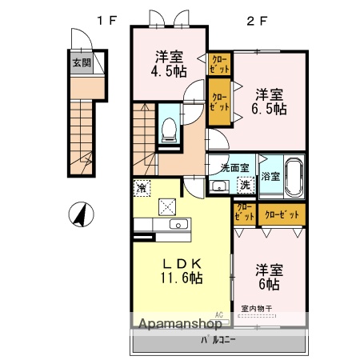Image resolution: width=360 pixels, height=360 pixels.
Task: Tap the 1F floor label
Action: pos(107,22)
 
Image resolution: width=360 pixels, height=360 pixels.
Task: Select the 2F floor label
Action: pos(256,22)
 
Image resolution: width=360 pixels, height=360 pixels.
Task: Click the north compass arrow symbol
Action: pos(79,214)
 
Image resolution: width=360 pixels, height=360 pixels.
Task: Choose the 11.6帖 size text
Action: pos(183,278)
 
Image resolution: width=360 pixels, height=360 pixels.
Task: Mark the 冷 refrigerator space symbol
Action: pos(142,189)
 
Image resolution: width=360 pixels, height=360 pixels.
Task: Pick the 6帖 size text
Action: pos(268,284)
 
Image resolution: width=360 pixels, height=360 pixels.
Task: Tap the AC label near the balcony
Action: pos(218,314)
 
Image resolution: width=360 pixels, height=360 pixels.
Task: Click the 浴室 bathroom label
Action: pos(270,175)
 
